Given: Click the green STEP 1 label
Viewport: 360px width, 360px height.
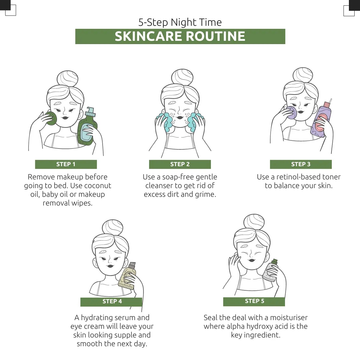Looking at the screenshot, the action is click(x=66, y=164).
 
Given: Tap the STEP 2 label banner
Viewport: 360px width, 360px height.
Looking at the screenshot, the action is click(x=180, y=164).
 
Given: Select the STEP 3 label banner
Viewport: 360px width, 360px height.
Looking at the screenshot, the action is click(x=301, y=164).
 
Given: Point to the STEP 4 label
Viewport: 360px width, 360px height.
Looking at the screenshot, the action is click(x=111, y=301).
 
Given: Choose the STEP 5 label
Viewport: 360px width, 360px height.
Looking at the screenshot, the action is click(x=254, y=301).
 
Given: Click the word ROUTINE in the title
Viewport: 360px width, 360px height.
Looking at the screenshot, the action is click(x=215, y=36).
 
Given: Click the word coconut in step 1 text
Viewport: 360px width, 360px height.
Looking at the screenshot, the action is click(x=98, y=185).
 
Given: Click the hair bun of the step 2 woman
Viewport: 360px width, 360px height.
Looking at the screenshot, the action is click(x=182, y=77).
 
